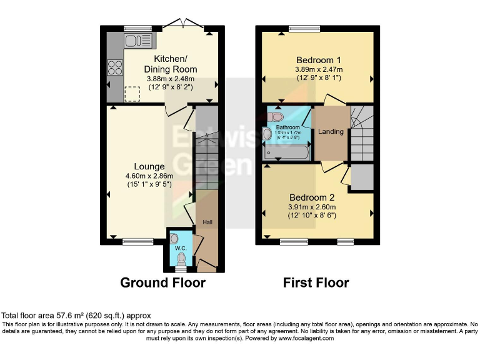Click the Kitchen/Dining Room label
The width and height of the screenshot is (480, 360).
coord(171,64)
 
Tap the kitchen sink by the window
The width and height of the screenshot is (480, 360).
coord(138,41)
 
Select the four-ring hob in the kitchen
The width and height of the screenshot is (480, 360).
coord(115,67)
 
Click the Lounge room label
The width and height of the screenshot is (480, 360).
coord(149,166)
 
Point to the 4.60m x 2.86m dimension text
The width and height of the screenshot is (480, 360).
coord(149,176)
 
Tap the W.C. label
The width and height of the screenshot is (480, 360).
coord(181,248)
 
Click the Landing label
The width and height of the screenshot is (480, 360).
coord(331,132)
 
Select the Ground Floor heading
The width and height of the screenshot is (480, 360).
coord(162,282)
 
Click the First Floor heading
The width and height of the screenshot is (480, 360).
coord(316,282)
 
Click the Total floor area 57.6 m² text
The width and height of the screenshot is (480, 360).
coord(76,316)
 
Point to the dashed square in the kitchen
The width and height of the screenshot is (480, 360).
coord(132,93)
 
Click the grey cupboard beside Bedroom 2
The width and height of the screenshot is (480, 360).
coord(362,177)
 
